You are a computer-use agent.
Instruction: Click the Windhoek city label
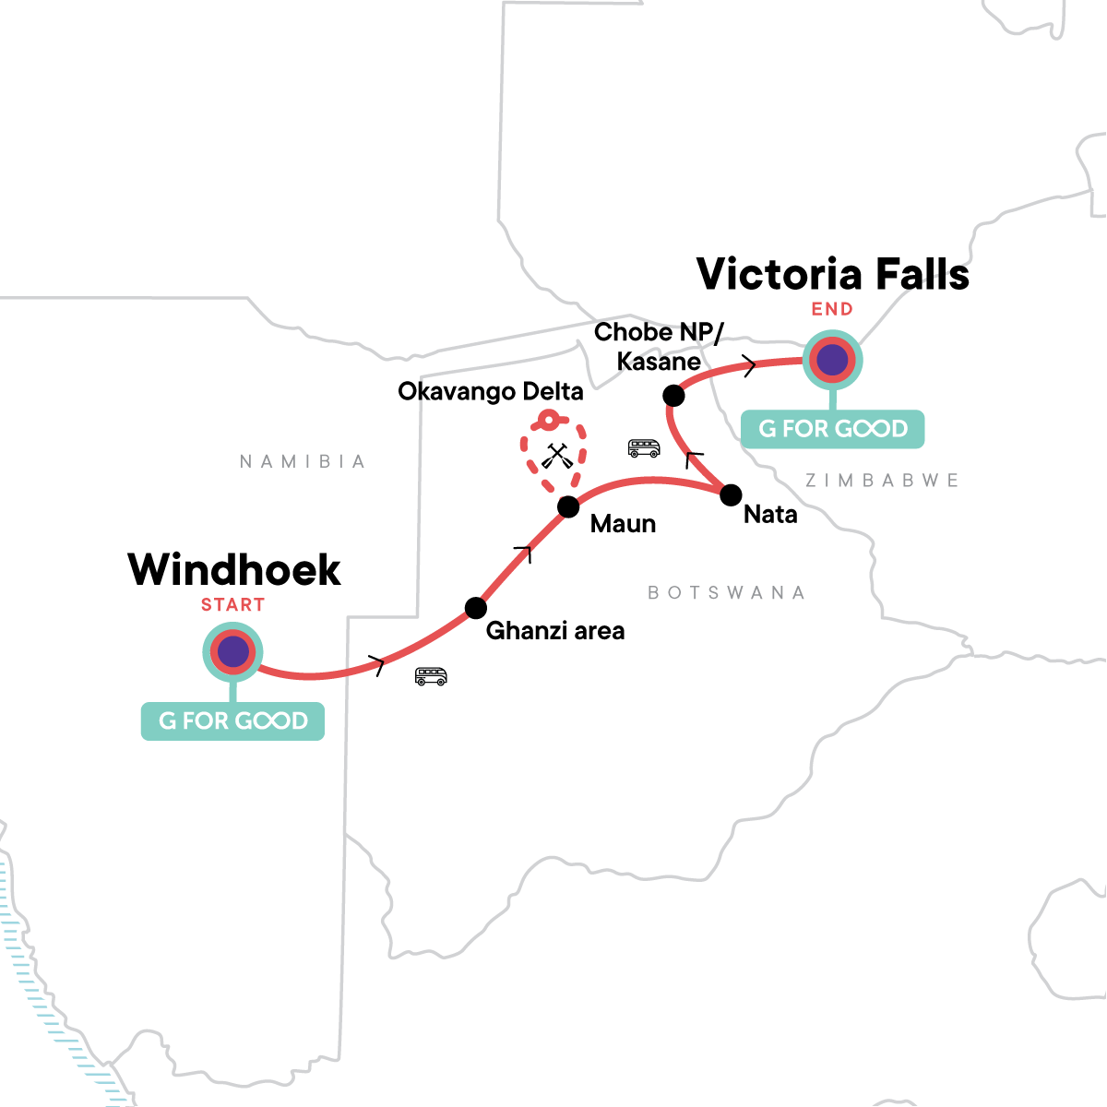tap(234, 569)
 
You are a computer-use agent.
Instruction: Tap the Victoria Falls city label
tap(832, 274)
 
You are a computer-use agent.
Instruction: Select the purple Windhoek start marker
tap(232, 652)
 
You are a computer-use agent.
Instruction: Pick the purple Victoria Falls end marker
tap(832, 360)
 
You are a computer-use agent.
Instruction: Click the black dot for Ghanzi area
tap(475, 608)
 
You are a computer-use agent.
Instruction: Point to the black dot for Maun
tap(568, 506)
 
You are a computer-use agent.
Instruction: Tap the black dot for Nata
tap(730, 494)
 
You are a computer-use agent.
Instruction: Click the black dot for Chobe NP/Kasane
tap(674, 396)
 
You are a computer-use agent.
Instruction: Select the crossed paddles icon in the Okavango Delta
tap(554, 456)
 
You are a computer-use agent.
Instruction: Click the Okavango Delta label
tap(490, 391)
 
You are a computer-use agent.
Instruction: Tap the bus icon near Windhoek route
tap(431, 676)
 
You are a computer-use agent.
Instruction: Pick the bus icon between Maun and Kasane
tap(643, 448)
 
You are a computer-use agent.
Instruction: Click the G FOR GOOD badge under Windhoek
tap(232, 720)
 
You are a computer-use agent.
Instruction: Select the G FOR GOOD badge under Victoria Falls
tap(832, 429)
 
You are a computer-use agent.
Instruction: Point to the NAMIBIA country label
tap(303, 461)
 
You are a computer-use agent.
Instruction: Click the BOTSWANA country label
tap(726, 592)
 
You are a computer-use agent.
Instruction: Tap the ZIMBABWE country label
tap(882, 480)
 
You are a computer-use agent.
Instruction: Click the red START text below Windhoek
tap(232, 605)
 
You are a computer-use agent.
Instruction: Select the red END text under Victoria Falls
tap(832, 309)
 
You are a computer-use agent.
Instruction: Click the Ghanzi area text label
tap(554, 631)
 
